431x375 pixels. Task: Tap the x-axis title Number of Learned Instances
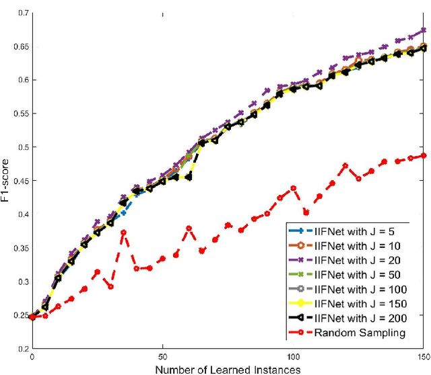coord(228,369)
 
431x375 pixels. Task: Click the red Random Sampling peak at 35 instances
coord(123,233)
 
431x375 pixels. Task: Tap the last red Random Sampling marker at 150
coord(424,156)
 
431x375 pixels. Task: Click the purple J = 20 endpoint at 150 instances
coord(424,30)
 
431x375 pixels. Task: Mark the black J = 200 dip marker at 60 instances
coord(189,177)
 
